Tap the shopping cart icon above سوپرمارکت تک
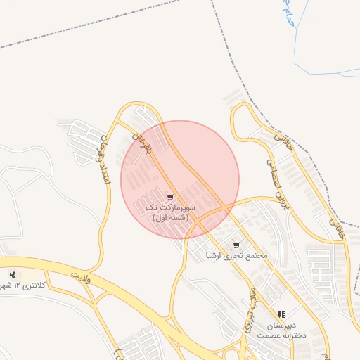click(171, 197)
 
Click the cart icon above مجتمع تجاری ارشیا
click(236, 245)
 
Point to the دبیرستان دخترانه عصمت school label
click(279, 330)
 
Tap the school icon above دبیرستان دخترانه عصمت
click(281, 314)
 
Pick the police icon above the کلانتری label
click(13, 274)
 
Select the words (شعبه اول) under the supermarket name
click(171, 218)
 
